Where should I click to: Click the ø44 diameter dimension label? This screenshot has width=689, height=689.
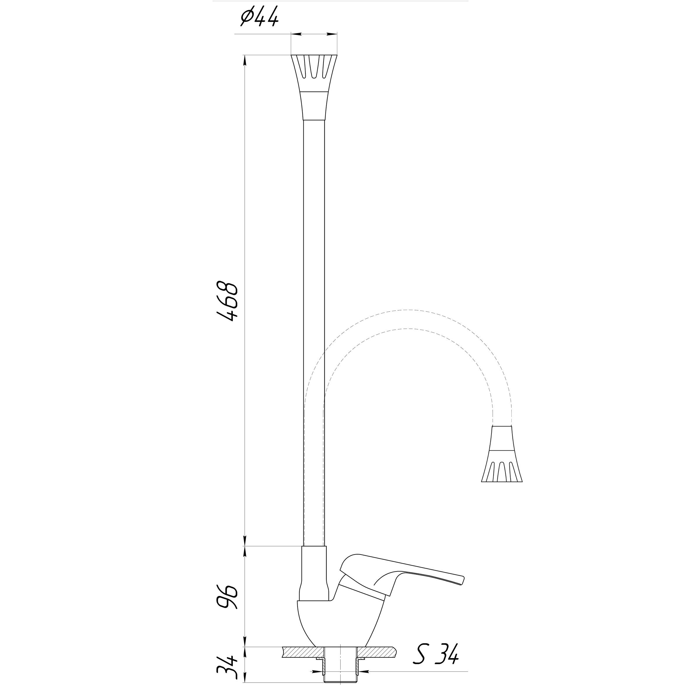[x=259, y=18]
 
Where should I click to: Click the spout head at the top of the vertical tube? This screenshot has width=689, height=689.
[x=314, y=88]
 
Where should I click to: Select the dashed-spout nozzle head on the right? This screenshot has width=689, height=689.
[x=502, y=454]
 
